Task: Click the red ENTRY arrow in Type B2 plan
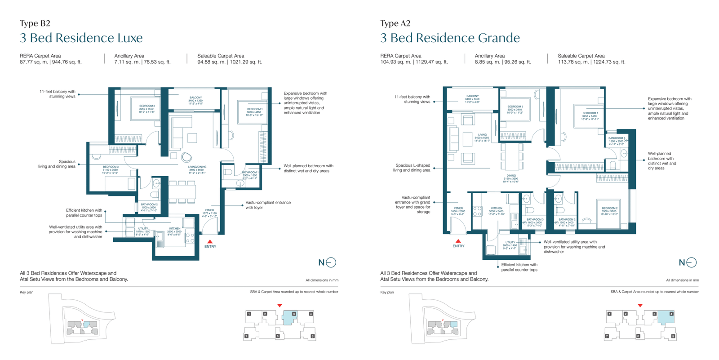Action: (210, 242)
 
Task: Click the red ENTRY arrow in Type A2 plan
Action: (458, 241)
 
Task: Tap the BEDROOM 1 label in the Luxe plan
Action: (254, 109)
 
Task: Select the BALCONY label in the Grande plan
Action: (472, 96)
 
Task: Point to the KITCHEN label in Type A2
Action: (497, 209)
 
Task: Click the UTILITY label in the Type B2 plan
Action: (143, 229)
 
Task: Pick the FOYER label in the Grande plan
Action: (458, 209)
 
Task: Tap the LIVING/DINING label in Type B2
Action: (197, 167)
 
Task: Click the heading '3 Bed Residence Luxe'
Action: (81, 38)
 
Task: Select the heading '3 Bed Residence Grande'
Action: (450, 38)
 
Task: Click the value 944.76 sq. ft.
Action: (67, 62)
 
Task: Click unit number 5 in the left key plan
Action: (312, 336)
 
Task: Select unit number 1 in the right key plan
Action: (609, 314)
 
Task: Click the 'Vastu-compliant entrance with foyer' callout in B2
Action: (268, 205)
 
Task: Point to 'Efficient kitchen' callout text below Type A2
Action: (519, 267)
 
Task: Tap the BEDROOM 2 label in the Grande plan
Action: (609, 209)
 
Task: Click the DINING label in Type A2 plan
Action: (511, 176)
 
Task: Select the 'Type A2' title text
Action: (395, 23)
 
